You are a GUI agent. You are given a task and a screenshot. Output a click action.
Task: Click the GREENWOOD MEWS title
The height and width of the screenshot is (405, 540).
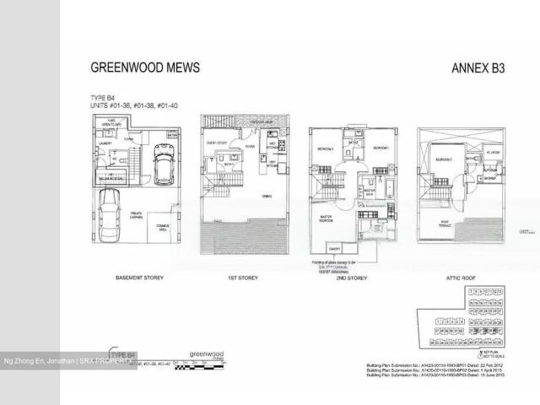145,67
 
